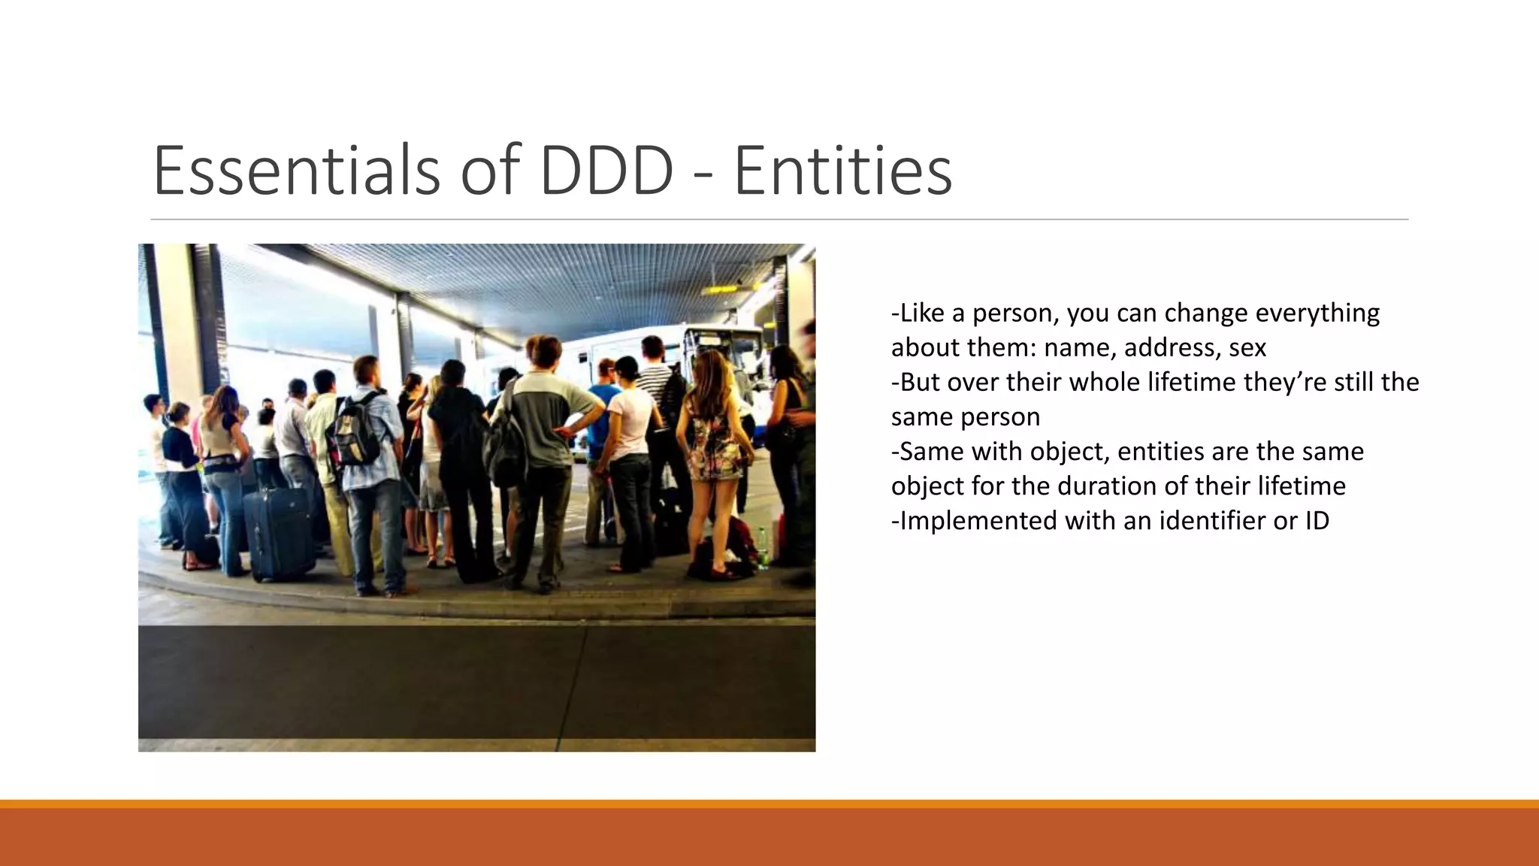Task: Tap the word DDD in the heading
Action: (606, 171)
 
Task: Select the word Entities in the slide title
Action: (842, 171)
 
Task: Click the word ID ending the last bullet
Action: (1317, 520)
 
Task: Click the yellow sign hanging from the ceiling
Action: (719, 289)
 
